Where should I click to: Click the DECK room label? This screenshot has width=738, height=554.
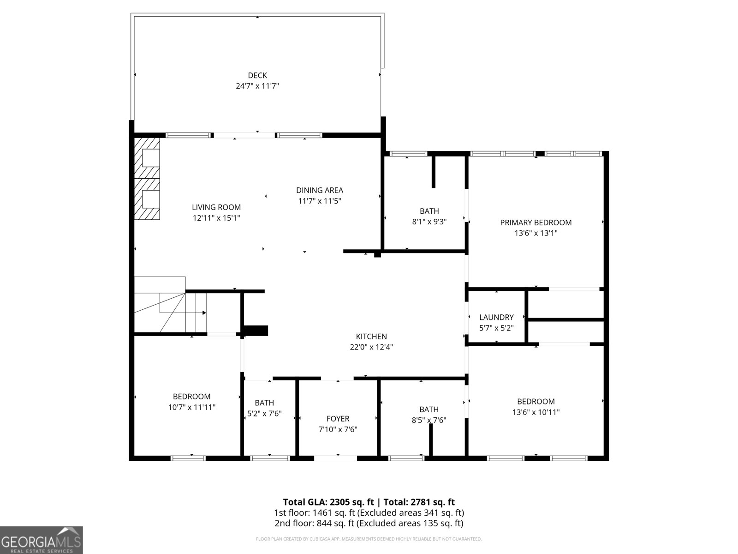click(257, 75)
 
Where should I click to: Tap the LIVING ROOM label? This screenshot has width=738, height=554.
click(216, 207)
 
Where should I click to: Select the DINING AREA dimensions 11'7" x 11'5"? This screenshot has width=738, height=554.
click(319, 201)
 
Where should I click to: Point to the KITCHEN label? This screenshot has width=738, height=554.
click(371, 337)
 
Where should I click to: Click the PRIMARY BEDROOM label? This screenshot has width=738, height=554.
click(536, 223)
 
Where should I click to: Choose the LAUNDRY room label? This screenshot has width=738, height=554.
click(496, 317)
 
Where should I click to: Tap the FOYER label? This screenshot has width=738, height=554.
click(338, 418)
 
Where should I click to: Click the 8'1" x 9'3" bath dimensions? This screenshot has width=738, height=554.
click(429, 222)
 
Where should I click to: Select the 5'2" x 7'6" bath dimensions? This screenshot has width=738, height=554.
click(264, 413)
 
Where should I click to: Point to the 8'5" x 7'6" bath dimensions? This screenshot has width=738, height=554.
click(429, 420)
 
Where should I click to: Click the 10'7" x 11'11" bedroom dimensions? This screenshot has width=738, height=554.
click(191, 407)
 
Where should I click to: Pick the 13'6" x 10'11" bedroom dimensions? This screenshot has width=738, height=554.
click(536, 412)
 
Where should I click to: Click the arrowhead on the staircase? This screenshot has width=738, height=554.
click(204, 313)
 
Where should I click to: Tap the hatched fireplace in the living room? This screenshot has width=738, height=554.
click(147, 179)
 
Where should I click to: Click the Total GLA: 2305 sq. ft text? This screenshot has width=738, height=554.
click(328, 502)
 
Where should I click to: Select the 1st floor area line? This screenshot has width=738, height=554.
click(369, 512)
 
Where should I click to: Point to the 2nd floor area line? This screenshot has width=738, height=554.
click(369, 523)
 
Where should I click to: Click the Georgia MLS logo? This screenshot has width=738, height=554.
click(42, 540)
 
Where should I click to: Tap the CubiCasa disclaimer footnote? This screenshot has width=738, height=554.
click(369, 539)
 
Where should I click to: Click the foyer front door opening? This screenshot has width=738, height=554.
click(335, 458)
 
